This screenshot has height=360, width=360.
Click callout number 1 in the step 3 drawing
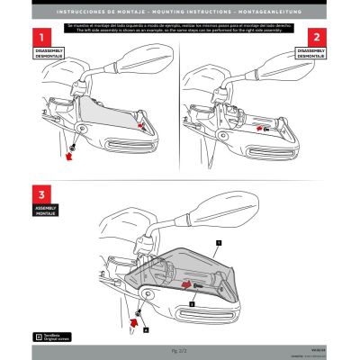[x=217, y=244]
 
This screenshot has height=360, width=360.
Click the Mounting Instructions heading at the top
[x=180, y=12]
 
